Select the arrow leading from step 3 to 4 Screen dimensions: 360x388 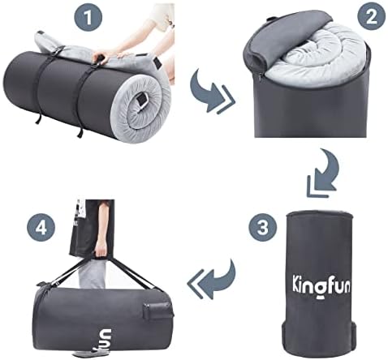pyautogui.click(x=210, y=284)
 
